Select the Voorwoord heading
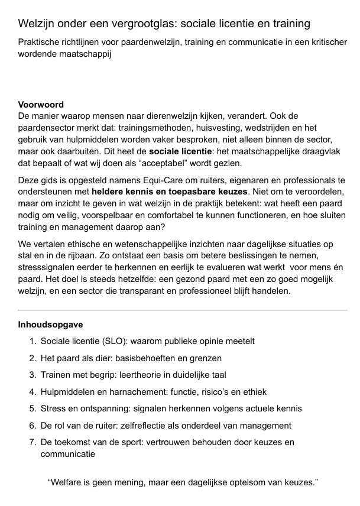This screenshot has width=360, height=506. pyautogui.click(x=41, y=105)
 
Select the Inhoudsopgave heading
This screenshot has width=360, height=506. pyautogui.click(x=50, y=325)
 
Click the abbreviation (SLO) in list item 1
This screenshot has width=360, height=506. pyautogui.click(x=115, y=341)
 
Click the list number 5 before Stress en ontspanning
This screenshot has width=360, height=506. pyautogui.click(x=33, y=408)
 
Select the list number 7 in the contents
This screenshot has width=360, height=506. pyautogui.click(x=33, y=442)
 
